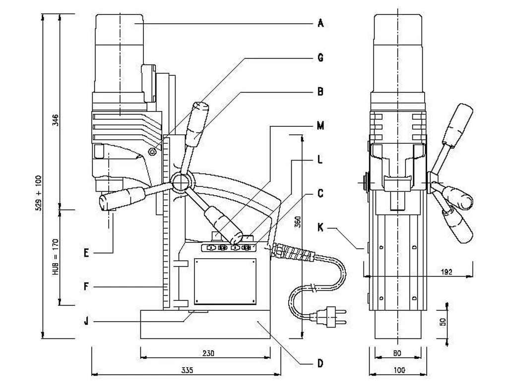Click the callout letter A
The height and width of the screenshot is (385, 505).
point(320,23)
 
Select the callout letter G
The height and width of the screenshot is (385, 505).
point(320,57)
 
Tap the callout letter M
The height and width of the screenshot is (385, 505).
point(320,126)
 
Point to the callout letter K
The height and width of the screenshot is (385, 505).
point(320,228)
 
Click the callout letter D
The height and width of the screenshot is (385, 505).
point(320,364)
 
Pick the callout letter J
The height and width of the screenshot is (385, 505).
point(86,321)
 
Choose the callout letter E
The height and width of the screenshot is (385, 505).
point(86,253)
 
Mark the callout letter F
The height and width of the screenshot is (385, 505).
point(86,286)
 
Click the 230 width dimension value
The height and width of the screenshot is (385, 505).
point(208,353)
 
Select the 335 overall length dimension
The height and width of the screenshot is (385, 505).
point(187,370)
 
